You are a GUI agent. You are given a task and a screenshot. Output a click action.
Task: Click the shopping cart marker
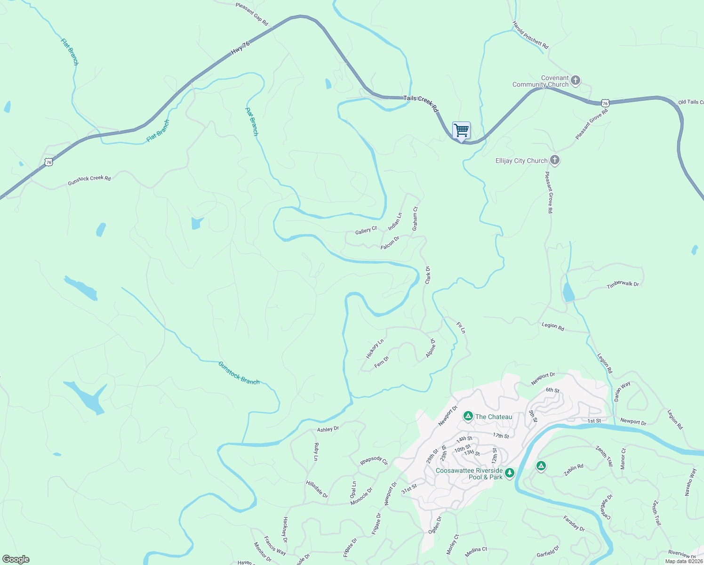[461, 130]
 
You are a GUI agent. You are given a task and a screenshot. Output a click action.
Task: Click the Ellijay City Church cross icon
[555, 160]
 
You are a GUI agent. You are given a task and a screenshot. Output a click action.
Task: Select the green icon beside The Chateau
[468, 416]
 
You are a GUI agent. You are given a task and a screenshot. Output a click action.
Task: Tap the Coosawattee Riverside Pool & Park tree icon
[509, 472]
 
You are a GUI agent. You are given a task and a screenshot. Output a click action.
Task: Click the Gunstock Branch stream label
[239, 373]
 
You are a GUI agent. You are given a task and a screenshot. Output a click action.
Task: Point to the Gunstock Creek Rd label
[89, 180]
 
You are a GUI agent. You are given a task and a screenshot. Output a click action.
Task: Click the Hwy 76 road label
[240, 48]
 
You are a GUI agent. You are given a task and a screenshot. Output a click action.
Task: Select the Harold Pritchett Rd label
[530, 35]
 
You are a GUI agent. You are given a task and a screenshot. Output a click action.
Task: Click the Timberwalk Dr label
[623, 284]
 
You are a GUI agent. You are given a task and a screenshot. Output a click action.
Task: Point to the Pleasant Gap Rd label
[252, 14]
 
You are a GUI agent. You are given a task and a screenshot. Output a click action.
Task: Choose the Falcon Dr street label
[390, 242]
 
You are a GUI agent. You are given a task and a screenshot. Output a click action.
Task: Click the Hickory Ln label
[375, 348]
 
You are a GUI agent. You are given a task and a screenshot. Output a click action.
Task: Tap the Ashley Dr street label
[328, 429]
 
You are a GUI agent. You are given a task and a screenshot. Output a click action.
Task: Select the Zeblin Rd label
[574, 469]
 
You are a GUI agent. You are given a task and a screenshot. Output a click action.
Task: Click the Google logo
[16, 559]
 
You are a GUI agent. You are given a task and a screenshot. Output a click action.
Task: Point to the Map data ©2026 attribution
[683, 561]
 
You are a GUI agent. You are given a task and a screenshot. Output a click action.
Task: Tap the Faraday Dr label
[574, 524]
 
